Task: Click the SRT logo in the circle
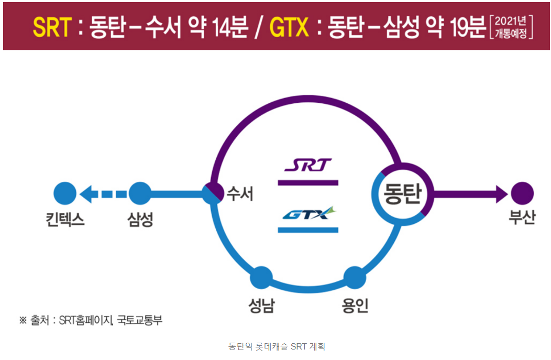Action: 308,166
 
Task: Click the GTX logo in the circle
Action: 308,213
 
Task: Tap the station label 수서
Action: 239,194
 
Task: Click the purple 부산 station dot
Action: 522,193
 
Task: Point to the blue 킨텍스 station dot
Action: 65,193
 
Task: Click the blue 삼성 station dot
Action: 140,193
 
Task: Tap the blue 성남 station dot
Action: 261,277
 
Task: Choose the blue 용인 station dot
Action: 355,277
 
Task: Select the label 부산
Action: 522,217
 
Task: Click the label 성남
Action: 261,305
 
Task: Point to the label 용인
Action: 355,305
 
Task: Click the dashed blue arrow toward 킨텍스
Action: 104,194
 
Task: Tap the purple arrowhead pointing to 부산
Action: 501,193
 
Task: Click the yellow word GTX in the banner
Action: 289,27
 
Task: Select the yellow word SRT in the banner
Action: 52,27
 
